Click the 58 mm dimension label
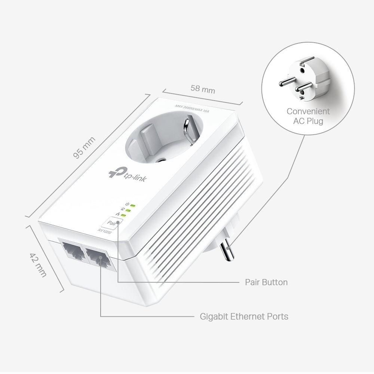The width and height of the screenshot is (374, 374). [203, 89]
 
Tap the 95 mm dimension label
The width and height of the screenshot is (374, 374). [85, 148]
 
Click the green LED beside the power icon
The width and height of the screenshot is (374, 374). [132, 205]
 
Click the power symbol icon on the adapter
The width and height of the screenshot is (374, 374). [127, 204]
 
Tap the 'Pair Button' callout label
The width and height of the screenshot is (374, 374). [266, 282]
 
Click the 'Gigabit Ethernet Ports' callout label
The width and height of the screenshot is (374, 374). [244, 316]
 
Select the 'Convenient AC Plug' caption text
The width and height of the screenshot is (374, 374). [308, 116]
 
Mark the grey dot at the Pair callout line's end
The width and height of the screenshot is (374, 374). [118, 223]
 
